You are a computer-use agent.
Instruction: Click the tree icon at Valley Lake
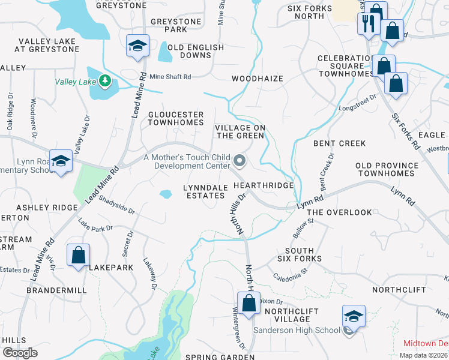pyautogui.click(x=105, y=80)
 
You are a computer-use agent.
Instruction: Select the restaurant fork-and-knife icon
pyautogui.click(x=367, y=24)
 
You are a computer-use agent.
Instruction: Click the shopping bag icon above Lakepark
pyautogui.click(x=79, y=255)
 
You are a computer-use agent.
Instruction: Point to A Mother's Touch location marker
pyautogui.click(x=240, y=160)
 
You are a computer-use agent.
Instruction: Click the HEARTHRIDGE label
pyautogui.click(x=268, y=185)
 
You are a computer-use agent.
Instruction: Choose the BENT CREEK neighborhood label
pyautogui.click(x=339, y=143)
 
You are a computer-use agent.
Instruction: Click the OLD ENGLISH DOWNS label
pyautogui.click(x=196, y=52)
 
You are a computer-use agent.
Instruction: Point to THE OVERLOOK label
pyautogui.click(x=339, y=212)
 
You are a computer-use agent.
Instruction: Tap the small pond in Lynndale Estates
pyautogui.click(x=165, y=194)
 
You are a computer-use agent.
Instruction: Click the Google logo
pyautogui.click(x=20, y=353)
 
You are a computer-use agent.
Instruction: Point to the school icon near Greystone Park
pyautogui.click(x=137, y=46)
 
